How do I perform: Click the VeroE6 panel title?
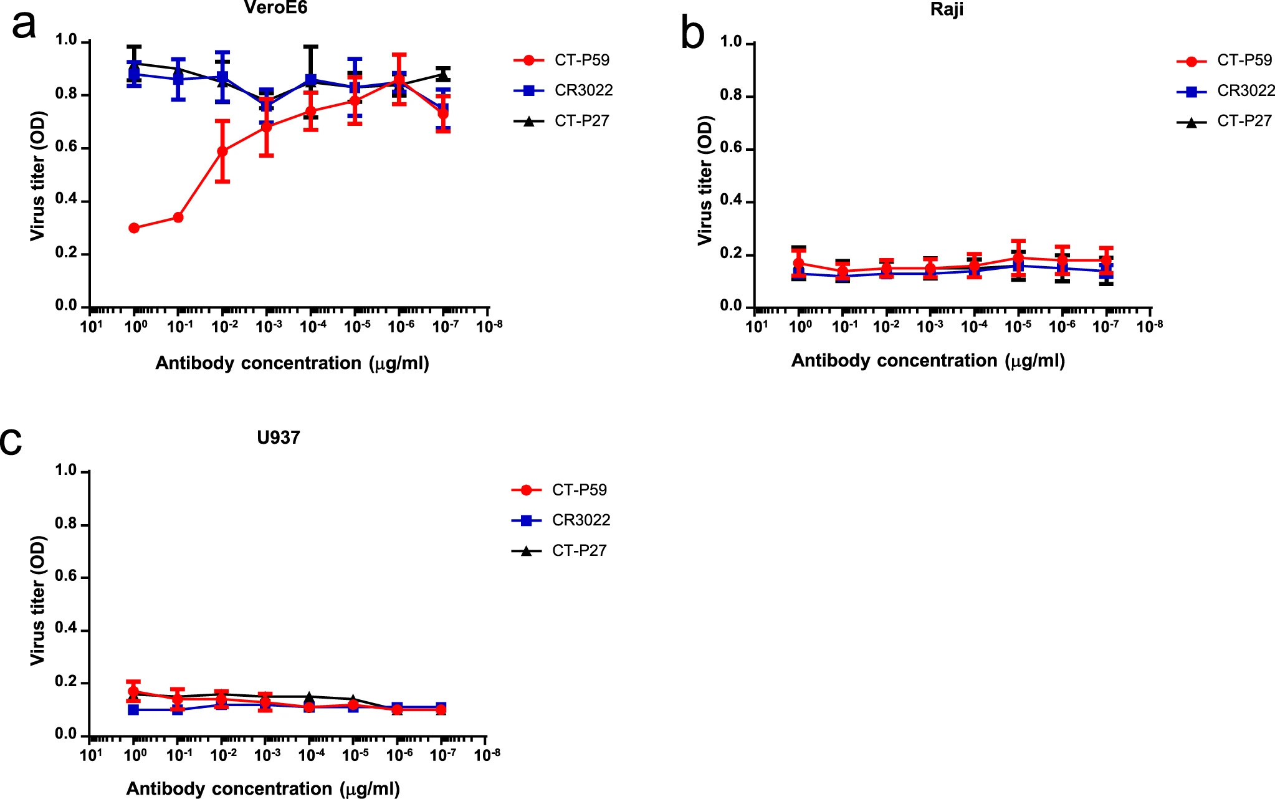(275, 8)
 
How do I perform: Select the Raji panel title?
(947, 10)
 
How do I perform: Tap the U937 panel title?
(278, 438)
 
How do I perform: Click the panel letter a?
(24, 25)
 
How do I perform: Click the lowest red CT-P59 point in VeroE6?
(134, 228)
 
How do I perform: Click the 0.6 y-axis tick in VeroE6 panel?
(66, 147)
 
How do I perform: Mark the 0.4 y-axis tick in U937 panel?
(66, 629)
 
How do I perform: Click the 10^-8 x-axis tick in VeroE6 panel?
(489, 325)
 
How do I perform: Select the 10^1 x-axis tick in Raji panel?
(757, 326)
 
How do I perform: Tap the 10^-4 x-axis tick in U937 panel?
(312, 755)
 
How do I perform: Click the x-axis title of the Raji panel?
(928, 361)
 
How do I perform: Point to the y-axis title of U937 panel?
(38, 600)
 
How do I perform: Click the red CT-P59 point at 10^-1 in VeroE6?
(178, 218)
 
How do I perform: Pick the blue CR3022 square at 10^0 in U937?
(133, 710)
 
